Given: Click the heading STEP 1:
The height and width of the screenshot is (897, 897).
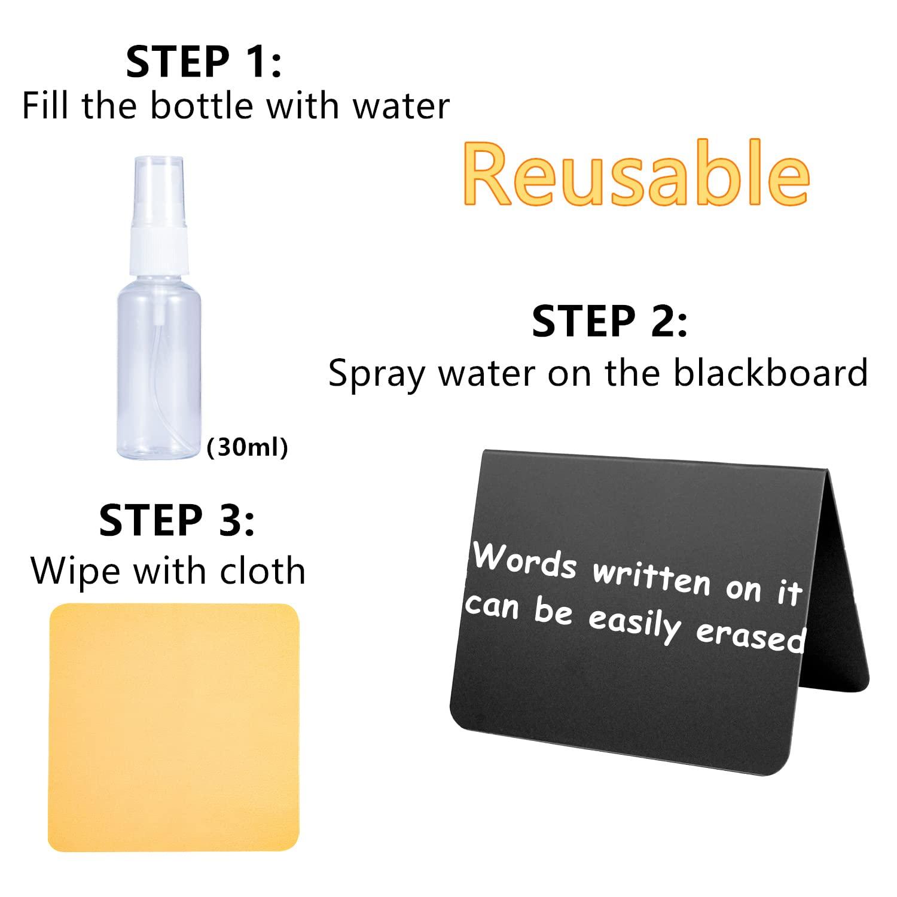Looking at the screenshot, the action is [203, 62].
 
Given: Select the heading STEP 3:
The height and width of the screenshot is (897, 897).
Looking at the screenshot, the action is [177, 520].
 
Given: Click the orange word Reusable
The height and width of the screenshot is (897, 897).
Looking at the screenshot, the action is [636, 172].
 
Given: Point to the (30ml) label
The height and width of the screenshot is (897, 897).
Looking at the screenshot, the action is [247, 447].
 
